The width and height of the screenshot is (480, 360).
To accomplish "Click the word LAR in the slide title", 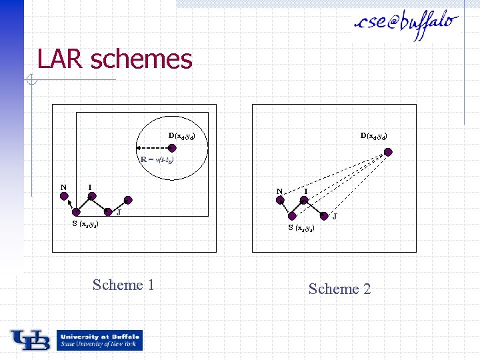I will click(61, 59).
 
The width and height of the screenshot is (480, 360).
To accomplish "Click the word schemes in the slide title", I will click(141, 59).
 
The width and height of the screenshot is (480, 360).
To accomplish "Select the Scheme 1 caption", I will click(123, 285).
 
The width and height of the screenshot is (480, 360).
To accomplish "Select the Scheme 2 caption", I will click(339, 289).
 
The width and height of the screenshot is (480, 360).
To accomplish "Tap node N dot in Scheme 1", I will click(64, 196).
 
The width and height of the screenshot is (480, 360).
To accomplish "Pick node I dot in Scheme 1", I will click(93, 196).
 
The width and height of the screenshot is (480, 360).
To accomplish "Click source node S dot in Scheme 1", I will click(76, 213).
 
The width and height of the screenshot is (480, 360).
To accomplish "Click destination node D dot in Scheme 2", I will click(389, 152).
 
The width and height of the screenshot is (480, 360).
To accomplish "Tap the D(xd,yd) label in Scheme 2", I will click(373, 136).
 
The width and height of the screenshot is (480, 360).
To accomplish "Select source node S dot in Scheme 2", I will click(293, 216).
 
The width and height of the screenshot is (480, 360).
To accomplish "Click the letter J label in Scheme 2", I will click(335, 216).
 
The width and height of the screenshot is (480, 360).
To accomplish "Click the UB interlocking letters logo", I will click(29, 340).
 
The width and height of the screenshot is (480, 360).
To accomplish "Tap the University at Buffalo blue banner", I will click(99, 340).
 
